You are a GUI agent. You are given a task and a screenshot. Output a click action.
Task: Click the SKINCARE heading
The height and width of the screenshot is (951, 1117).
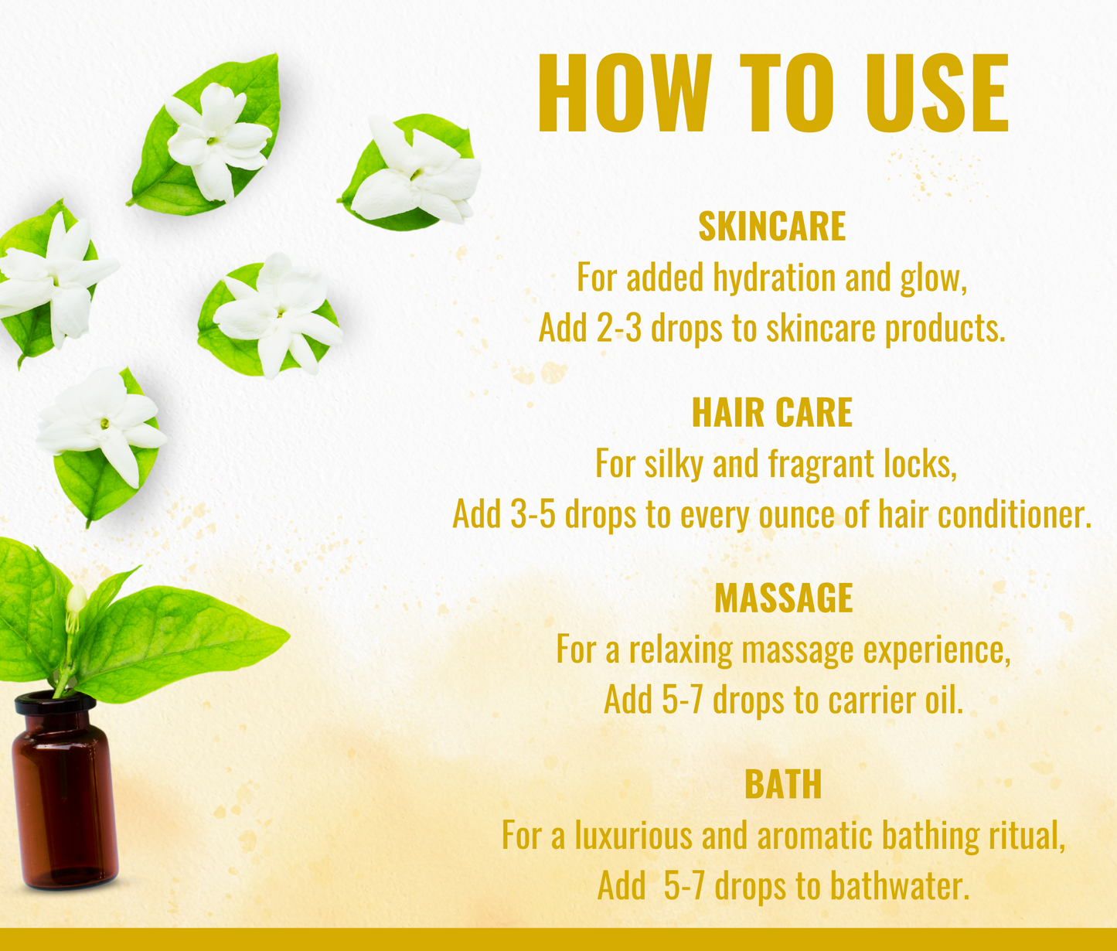(x=771, y=227)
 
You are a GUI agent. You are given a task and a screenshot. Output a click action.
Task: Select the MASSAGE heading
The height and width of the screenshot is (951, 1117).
(x=783, y=598)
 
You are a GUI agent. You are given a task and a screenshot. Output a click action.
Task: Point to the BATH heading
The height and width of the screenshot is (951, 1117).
(x=783, y=784)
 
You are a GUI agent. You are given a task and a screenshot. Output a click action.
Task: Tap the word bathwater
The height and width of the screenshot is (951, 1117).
(x=899, y=886)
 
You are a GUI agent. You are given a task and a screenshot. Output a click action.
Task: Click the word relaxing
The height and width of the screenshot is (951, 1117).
(x=680, y=650)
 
